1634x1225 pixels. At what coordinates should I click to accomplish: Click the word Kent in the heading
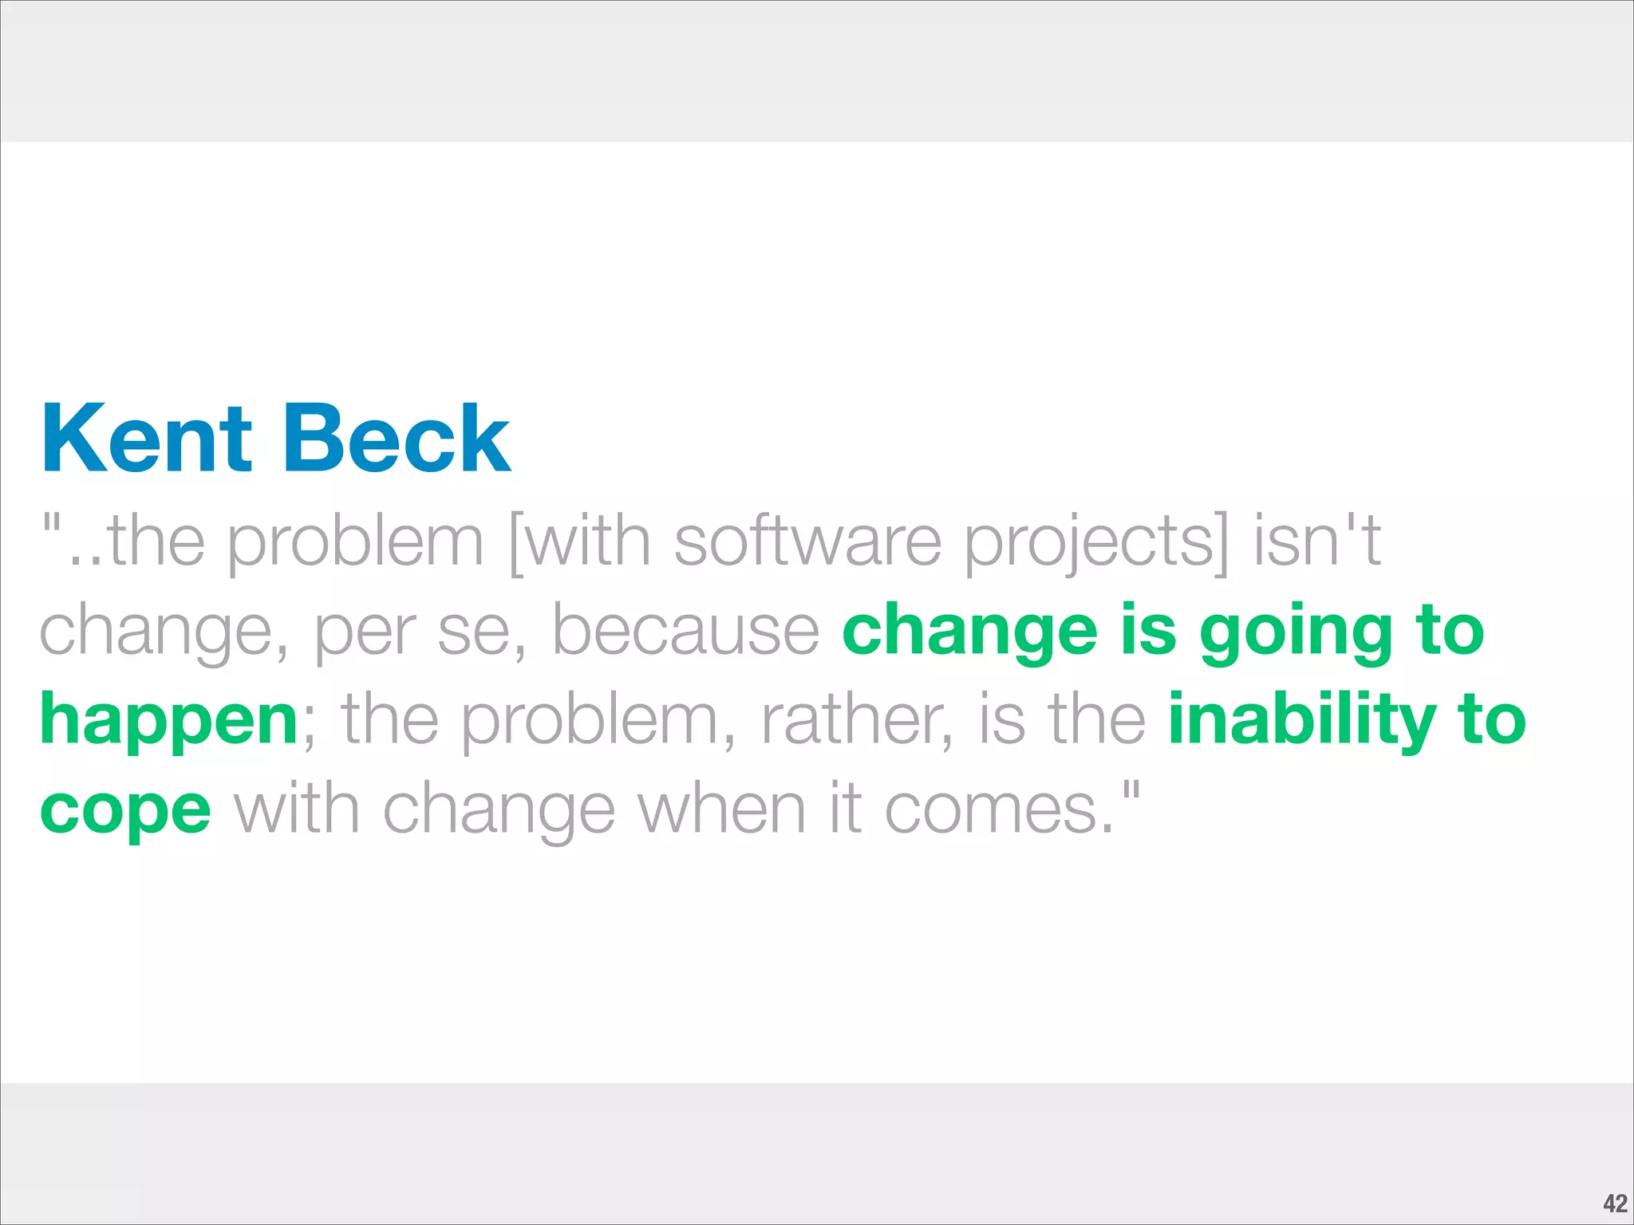147,439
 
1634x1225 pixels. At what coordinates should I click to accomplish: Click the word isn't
1316,542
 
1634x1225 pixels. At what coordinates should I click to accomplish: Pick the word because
685,631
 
